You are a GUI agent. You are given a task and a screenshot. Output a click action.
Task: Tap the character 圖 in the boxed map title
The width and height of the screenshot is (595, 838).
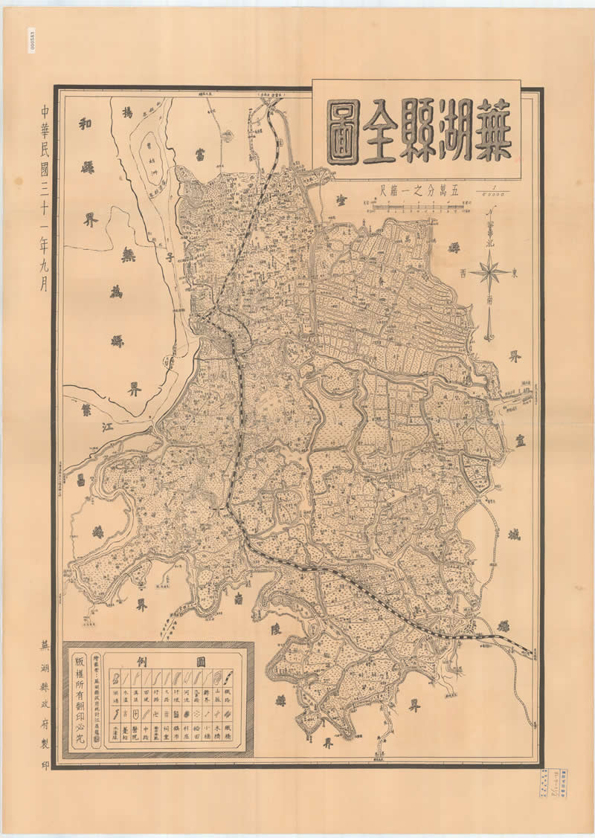pyautogui.click(x=342, y=131)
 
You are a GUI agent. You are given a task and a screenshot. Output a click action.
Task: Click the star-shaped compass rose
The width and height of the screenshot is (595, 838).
pyautogui.click(x=490, y=273)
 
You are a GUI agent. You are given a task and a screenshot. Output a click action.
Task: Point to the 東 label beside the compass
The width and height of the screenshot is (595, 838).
pyautogui.click(x=516, y=271)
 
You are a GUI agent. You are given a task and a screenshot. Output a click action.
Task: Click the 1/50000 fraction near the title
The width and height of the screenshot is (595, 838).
pyautogui.click(x=490, y=190)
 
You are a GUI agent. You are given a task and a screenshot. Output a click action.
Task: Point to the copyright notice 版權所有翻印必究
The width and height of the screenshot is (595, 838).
pyautogui.click(x=80, y=702)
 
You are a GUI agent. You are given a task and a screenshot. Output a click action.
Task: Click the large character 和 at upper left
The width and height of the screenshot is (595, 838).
pyautogui.click(x=85, y=123)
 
